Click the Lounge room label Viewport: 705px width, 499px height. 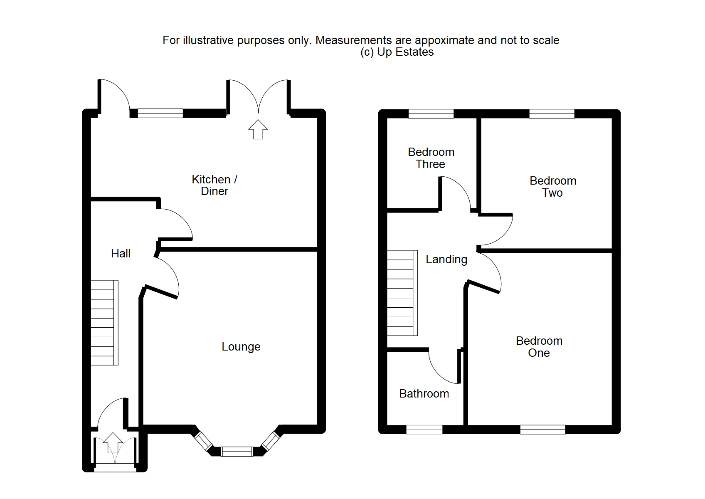coord(241,347)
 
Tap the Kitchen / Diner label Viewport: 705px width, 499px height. coord(214,185)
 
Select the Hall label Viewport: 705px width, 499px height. coord(121,254)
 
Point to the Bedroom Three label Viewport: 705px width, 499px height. coord(431,158)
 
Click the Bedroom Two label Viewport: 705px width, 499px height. coord(552,187)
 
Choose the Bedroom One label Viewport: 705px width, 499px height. coord(539,347)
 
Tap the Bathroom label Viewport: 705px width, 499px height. coord(424,394)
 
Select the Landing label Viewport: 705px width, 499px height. coord(446,259)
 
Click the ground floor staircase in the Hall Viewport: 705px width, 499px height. coord(104,323)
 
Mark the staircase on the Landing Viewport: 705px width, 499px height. coord(402,293)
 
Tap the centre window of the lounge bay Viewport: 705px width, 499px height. coord(237,451)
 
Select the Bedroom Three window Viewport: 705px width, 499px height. coord(431,114)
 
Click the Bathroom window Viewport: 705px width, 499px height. coord(424,430)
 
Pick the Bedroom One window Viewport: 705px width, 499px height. coord(542,430)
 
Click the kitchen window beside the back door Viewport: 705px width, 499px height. coord(160,113)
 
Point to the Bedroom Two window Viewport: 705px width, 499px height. coord(552,114)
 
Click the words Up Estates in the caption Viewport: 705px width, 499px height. coord(405,52)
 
